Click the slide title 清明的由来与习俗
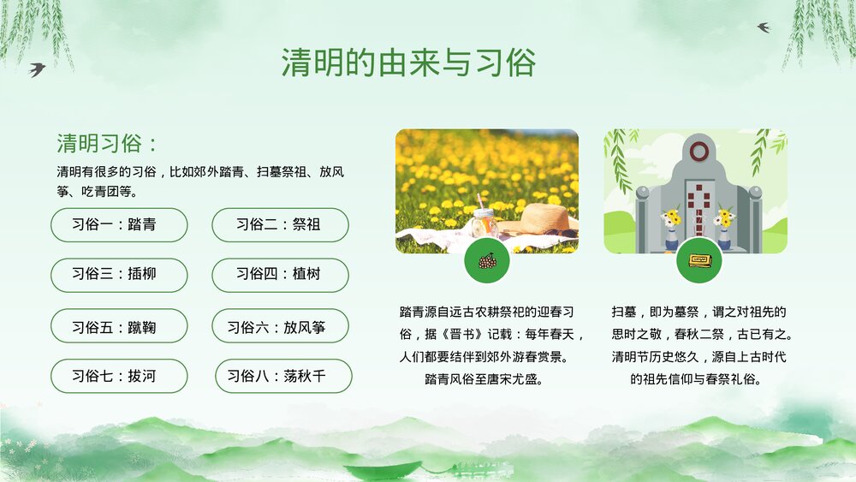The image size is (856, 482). (x=409, y=62)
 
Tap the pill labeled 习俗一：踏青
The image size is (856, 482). (x=118, y=225)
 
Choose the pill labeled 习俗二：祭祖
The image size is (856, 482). (x=280, y=225)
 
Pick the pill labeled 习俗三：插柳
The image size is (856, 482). (x=118, y=275)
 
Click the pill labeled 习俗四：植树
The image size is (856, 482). (x=280, y=275)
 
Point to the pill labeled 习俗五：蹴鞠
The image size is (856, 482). (x=118, y=326)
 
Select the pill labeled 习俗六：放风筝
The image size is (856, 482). (x=280, y=326)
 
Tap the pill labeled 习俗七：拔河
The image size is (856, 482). (x=118, y=376)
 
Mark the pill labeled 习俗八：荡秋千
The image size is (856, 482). (x=282, y=376)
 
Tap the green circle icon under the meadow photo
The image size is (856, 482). (x=487, y=260)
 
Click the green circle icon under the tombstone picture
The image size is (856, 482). (x=698, y=260)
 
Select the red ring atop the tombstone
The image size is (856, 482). (x=698, y=152)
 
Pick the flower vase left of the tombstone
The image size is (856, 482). (x=670, y=227)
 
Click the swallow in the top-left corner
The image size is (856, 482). (x=37, y=69)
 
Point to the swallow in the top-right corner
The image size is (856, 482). (x=763, y=27)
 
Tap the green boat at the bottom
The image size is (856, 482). (x=383, y=469)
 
